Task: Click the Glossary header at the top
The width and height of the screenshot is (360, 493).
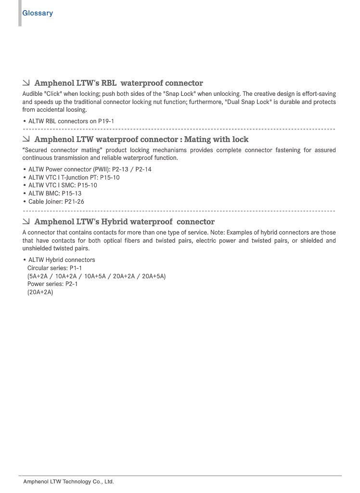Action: [38, 13]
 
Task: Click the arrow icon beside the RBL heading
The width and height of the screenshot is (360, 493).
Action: [26, 83]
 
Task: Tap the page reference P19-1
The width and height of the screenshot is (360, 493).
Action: [106, 121]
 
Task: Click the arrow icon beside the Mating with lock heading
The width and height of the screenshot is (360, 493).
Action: [26, 139]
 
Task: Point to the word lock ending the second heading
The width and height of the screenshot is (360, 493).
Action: [239, 140]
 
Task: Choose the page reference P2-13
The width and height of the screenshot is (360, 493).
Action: [120, 169]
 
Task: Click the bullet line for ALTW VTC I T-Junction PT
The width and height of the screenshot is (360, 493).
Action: [74, 178]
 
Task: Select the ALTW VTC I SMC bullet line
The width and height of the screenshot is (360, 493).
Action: [63, 185]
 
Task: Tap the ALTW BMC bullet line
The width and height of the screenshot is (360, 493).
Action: [54, 194]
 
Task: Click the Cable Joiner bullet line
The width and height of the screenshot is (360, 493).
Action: [56, 202]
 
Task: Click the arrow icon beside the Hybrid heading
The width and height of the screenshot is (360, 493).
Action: [26, 221]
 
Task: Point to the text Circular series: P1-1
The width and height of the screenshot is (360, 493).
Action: [55, 268]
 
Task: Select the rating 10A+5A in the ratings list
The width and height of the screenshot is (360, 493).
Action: [95, 276]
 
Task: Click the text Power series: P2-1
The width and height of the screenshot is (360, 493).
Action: [52, 284]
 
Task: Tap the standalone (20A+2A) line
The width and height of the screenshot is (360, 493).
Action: [40, 292]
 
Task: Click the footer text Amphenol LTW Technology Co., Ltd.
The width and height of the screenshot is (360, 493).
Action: [68, 481]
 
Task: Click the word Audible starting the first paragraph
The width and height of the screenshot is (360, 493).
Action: [32, 94]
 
